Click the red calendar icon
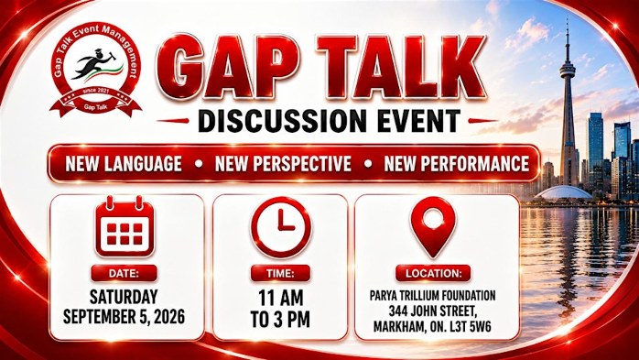pos(125,226)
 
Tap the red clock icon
pos(281,226)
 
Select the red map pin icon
pos(433,226)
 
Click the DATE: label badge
pos(124,273)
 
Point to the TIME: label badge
pos(280,273)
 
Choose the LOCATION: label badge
pos(433,273)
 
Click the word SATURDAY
pos(124,297)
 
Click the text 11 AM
pos(281,298)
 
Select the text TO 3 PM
pos(280,320)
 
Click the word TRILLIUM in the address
pos(427,296)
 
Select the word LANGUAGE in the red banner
pos(143,164)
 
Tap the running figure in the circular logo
pos(92,63)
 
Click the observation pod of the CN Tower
pos(568,72)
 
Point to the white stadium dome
pos(563,192)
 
